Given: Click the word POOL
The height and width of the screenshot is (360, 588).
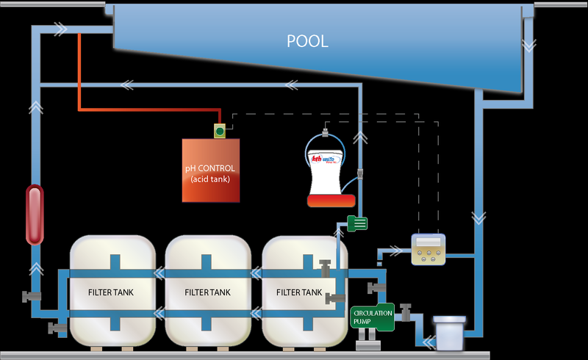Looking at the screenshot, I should pyautogui.click(x=307, y=41).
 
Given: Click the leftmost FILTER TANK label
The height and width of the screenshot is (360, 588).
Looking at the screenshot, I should pyautogui.click(x=111, y=292).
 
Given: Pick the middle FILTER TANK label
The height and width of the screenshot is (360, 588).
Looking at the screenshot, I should pyautogui.click(x=207, y=292).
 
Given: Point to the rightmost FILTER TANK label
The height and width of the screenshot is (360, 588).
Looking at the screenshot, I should pyautogui.click(x=299, y=292).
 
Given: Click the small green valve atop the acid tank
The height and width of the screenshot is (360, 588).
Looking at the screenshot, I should pyautogui.click(x=219, y=132).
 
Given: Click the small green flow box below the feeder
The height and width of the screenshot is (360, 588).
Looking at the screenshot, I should pyautogui.click(x=356, y=222).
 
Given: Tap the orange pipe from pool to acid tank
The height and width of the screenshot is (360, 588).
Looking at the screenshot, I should pyautogui.click(x=79, y=73).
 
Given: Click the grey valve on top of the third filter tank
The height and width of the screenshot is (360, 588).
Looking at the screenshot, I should pyautogui.click(x=326, y=265).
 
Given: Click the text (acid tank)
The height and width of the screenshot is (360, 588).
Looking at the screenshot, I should pyautogui.click(x=210, y=180).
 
